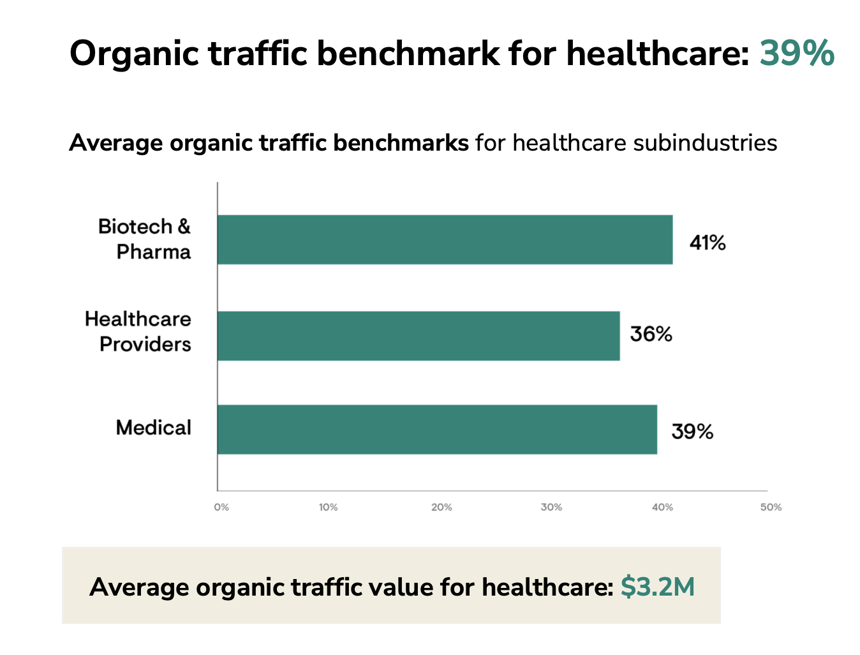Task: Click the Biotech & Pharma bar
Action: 445,239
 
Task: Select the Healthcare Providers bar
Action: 419,336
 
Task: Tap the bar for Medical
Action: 437,430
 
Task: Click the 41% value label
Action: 707,243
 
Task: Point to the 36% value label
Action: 651,334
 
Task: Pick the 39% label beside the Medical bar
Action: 692,432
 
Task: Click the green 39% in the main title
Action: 796,52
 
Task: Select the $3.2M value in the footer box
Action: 657,587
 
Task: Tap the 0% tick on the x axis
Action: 221,507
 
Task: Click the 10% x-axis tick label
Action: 328,507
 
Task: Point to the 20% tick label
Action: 441,507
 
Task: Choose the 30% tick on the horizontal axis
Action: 551,507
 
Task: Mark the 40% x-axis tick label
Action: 662,507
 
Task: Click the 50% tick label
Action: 771,507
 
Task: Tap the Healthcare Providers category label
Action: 138,331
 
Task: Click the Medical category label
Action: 153,428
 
